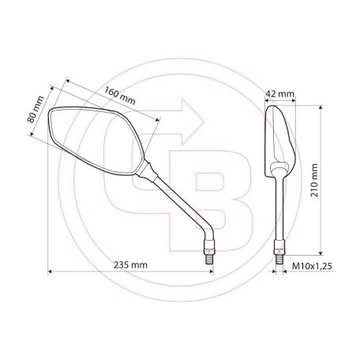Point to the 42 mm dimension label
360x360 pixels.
point(281,94)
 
